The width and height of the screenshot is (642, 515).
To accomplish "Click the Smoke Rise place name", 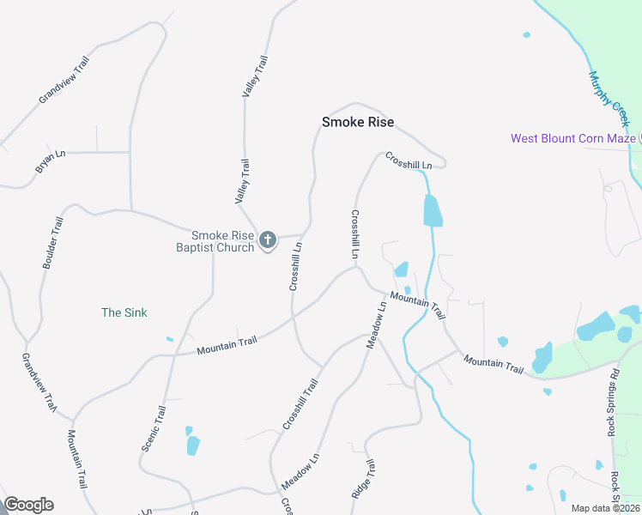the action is tap(358, 122).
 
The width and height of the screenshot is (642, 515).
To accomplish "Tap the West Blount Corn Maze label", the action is tap(572, 138).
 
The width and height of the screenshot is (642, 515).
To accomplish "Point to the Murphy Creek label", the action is tap(609, 100).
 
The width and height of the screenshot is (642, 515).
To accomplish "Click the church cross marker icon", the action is tap(268, 240).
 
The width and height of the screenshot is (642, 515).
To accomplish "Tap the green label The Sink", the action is tap(124, 312).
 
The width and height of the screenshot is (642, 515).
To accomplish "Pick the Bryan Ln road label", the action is tap(51, 162).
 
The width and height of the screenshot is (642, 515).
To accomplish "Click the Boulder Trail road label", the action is tap(53, 243).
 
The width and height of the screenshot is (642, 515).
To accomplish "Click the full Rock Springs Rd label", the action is tap(613, 403).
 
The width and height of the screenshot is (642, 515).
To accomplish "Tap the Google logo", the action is tap(28, 505).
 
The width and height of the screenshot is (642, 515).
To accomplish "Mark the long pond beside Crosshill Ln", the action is tap(433, 210).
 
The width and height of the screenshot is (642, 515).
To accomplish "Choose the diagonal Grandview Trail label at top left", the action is tap(64, 80).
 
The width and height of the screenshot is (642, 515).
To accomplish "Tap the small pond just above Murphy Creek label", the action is tap(526, 35).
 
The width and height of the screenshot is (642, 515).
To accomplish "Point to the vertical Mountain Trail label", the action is tap(76, 471).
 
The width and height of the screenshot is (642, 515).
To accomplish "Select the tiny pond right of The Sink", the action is tap(170, 339).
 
